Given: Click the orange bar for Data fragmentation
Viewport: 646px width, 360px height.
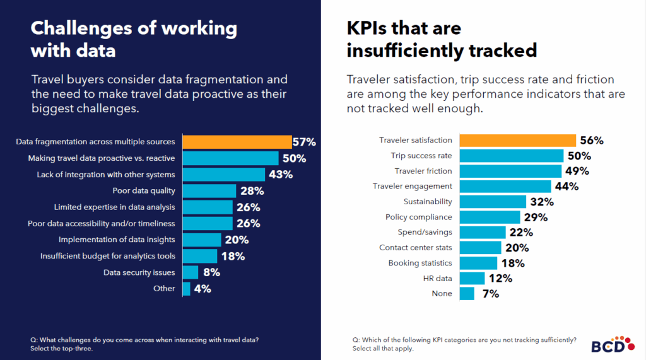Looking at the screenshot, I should point(237,142).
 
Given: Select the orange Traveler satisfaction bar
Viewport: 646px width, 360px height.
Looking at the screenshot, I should point(517,141).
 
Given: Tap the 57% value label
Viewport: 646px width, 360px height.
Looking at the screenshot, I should point(303,142).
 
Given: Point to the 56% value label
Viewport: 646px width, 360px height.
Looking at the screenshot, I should point(592,141).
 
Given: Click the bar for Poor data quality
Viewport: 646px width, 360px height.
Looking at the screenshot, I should point(209,191).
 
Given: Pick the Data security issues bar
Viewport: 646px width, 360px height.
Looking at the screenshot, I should point(191,272).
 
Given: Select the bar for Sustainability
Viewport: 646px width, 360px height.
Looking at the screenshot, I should point(493,202).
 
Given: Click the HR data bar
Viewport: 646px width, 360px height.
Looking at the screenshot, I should point(472,278).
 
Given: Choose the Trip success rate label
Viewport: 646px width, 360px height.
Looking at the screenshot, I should point(421,156).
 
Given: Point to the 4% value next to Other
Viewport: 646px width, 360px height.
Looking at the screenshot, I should point(203,289).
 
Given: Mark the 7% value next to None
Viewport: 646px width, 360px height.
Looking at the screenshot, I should point(490,294).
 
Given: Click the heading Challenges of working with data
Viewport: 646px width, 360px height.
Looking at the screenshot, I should point(134,38).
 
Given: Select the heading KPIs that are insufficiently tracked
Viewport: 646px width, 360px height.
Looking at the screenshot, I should point(442,38).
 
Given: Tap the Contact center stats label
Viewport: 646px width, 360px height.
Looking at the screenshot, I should point(415,248).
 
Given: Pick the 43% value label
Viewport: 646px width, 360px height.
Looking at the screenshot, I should point(280,175).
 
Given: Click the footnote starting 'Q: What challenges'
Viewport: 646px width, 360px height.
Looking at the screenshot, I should point(144,344).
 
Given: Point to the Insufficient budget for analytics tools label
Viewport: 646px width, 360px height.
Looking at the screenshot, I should point(108,256).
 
